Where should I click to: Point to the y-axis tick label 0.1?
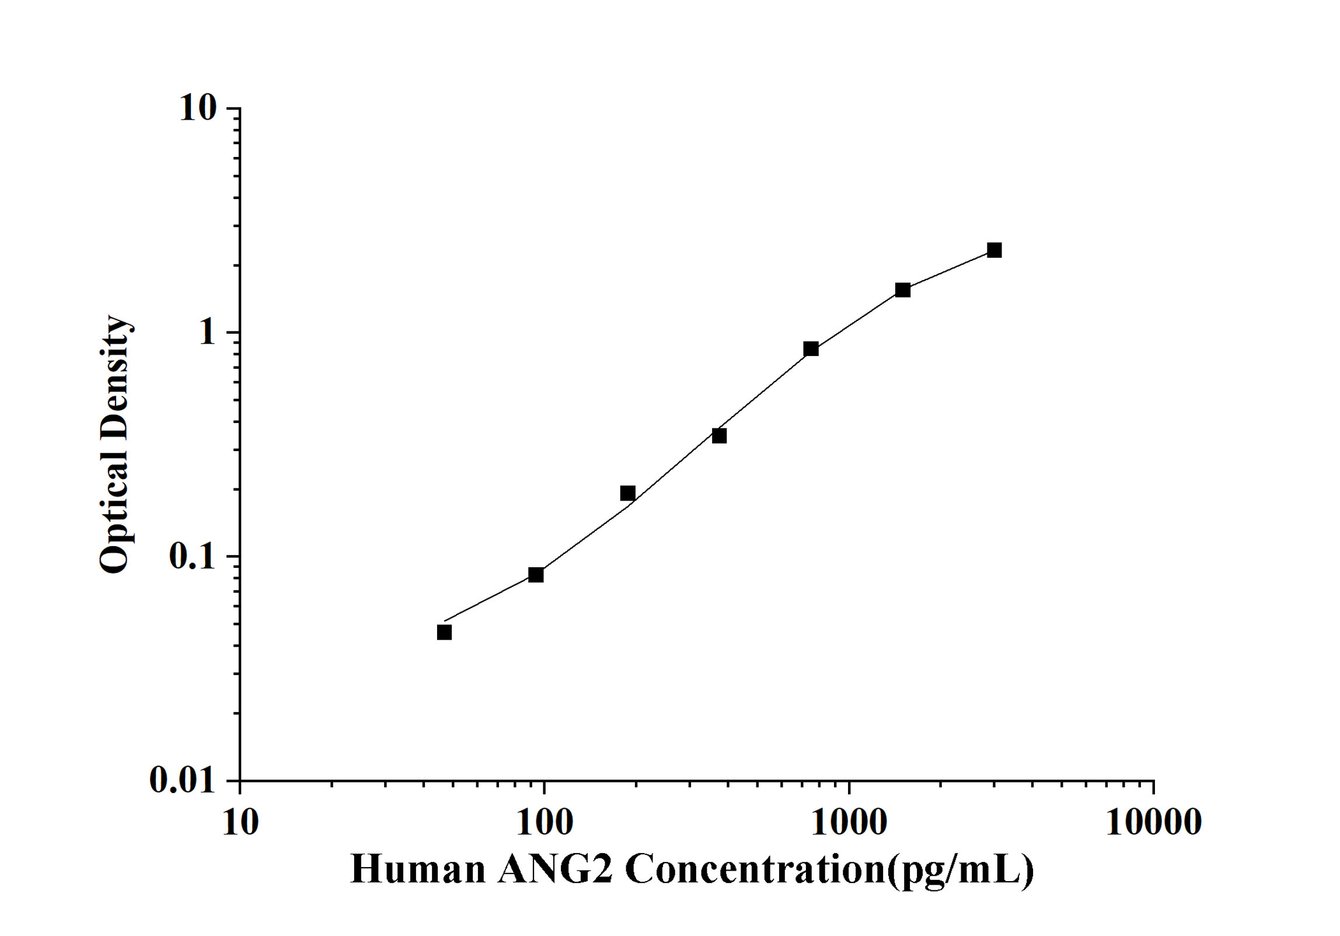191,556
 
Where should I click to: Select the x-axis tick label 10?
240,822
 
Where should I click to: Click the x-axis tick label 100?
545,822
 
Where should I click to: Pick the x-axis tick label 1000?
849,822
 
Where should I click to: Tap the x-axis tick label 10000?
1153,822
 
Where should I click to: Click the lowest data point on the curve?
444,632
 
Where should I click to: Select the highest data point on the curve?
994,250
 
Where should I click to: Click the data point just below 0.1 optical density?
536,575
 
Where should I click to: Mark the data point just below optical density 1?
811,349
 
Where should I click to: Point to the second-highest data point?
903,290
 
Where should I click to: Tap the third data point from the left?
627,493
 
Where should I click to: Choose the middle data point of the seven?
719,435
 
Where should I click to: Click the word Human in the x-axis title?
418,870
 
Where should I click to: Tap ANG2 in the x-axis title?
556,870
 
